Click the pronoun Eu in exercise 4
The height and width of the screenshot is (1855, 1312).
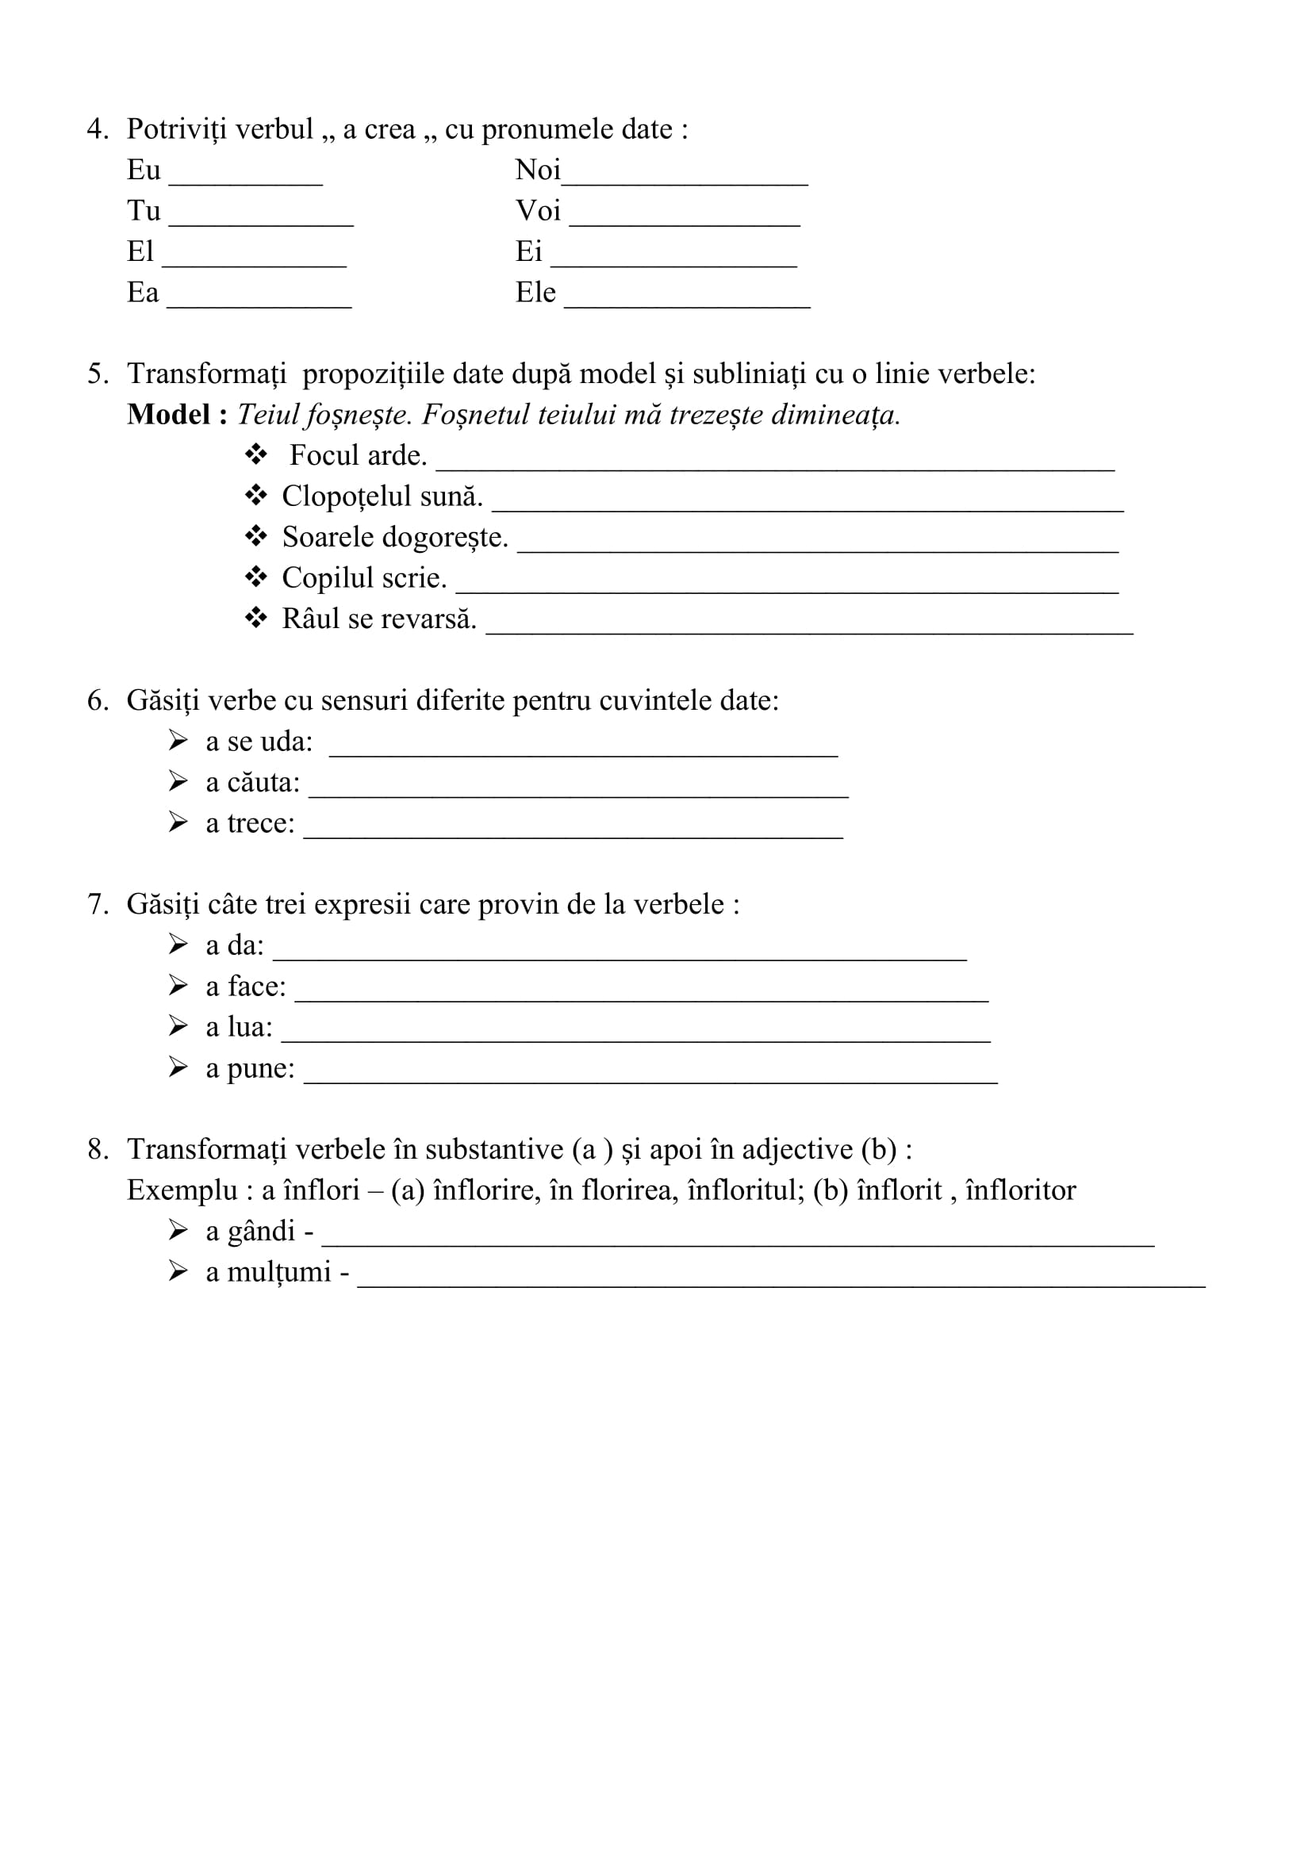(x=144, y=171)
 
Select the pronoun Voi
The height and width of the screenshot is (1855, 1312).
(x=538, y=212)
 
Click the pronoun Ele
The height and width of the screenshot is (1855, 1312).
(x=535, y=293)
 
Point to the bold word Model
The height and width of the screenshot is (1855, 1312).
(x=169, y=416)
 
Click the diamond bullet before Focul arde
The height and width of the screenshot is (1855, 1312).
(x=256, y=455)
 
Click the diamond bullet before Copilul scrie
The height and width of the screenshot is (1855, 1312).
(x=256, y=577)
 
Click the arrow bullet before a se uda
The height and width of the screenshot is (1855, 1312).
(x=178, y=741)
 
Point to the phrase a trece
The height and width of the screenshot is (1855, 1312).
(x=250, y=824)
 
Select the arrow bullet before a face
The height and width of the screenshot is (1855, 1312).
(x=178, y=986)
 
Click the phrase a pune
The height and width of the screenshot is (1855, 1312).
(x=250, y=1069)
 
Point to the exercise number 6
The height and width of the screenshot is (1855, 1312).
(x=97, y=701)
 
